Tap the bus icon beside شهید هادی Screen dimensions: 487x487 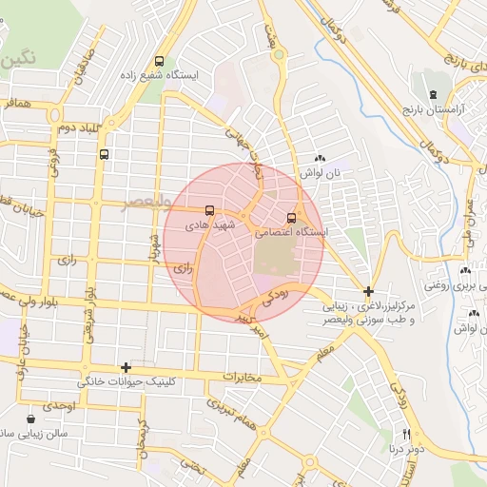[208, 211]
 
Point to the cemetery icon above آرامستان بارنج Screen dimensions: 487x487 [434, 94]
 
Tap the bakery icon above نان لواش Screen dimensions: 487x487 [320, 159]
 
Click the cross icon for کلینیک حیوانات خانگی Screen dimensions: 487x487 [125, 366]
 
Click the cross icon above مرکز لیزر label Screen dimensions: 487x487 [369, 290]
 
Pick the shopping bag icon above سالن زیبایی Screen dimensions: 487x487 [31, 418]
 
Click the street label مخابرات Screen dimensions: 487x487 [242, 378]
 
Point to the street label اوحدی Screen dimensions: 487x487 [58, 406]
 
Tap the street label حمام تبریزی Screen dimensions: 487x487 [229, 411]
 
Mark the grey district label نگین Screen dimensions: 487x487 [19, 56]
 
